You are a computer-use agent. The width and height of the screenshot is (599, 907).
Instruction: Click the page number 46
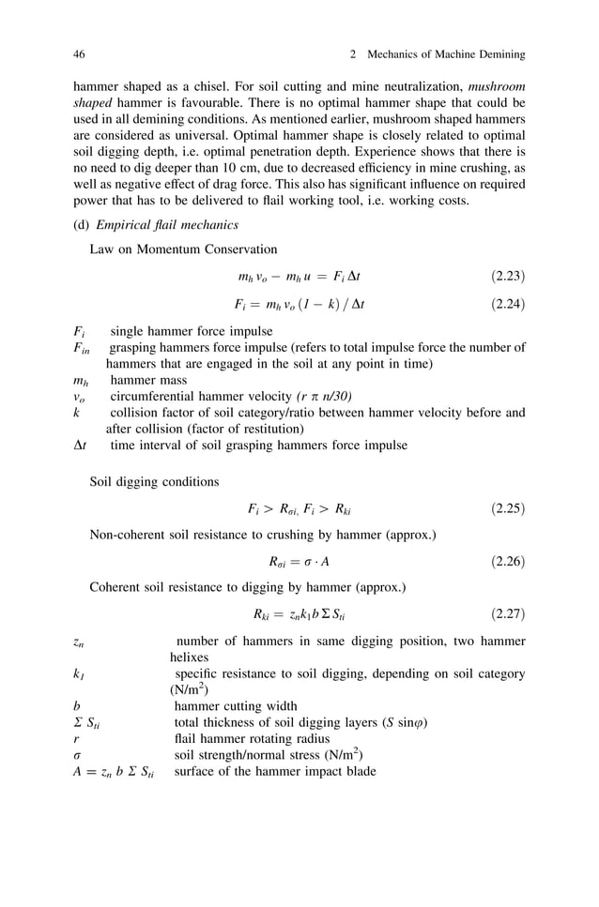click(79, 53)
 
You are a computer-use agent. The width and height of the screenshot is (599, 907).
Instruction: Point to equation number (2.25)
click(508, 509)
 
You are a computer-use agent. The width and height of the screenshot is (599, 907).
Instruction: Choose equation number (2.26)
click(508, 563)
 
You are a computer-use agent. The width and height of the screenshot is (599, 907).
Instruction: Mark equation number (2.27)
click(508, 615)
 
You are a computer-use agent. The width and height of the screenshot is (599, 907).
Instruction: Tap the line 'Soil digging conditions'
click(154, 483)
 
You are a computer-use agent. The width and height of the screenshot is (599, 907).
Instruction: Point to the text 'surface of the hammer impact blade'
click(275, 771)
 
